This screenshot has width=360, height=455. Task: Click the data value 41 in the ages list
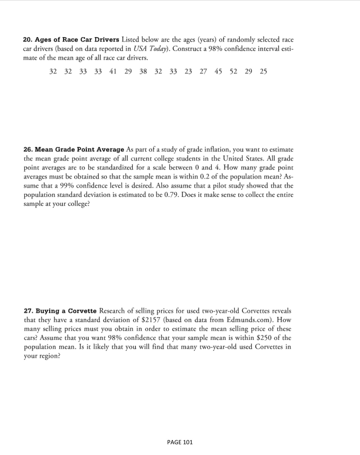point(113,72)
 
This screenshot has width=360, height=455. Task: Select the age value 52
point(233,72)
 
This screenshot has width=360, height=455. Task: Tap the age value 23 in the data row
point(188,72)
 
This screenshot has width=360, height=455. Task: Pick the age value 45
point(218,72)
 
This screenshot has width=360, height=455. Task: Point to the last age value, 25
point(263,72)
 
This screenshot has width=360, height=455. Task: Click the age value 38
point(143,72)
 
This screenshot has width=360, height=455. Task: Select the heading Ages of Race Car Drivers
point(77,40)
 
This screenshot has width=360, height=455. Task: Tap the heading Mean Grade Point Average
point(79,150)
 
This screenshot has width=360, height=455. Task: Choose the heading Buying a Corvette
point(66,311)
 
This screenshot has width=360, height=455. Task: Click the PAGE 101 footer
point(180,442)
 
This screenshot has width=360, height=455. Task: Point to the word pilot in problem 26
point(221,186)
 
